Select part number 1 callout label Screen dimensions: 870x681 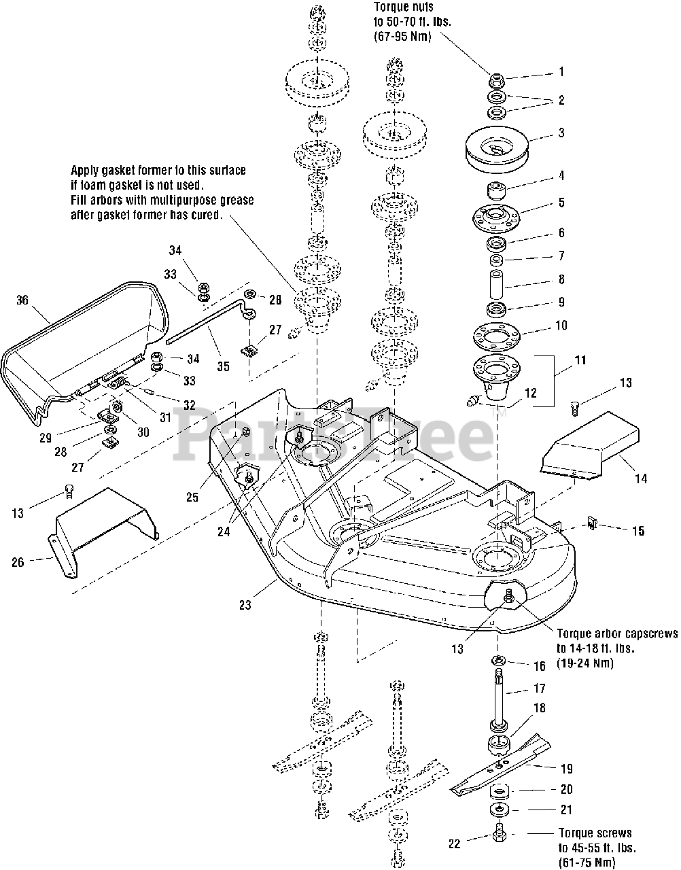click(x=561, y=71)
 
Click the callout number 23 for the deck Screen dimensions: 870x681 click(x=245, y=604)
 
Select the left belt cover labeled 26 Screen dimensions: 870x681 click(x=102, y=530)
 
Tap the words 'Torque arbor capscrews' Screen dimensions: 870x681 click(x=616, y=633)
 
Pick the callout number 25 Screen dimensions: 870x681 click(x=192, y=498)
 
